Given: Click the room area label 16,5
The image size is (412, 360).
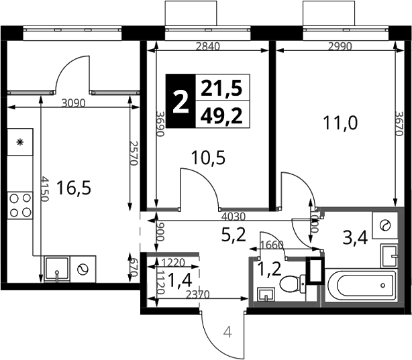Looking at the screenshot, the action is point(74,188).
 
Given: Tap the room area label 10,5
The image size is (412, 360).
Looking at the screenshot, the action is point(208,158).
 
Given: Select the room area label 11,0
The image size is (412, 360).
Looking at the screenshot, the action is point(340,123).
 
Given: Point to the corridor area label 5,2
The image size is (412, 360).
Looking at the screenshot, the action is point(234,235).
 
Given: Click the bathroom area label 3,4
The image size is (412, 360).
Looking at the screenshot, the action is point(355,238).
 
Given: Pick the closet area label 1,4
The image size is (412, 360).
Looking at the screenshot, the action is point(179,280).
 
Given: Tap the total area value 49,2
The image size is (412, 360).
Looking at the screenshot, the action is point(221,116).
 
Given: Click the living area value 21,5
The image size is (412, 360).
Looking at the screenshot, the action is point(221,88).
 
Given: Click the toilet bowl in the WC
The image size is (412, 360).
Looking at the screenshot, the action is point(293,284).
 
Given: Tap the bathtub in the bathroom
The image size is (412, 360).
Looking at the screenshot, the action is point(360,285).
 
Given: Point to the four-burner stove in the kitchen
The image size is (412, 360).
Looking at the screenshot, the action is point(20,205).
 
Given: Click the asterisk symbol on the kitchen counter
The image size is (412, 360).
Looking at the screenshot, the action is point(19,142).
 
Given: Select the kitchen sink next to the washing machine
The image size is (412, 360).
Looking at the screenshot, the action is point(57,269).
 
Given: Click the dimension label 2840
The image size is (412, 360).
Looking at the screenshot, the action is point(208,46).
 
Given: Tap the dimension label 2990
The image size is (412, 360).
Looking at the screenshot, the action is point(340,46).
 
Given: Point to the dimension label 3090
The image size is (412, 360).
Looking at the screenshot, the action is point(74,103).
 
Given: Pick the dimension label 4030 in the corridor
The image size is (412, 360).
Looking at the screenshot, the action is point(234,217).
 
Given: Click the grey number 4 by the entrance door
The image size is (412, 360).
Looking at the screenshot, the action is point(227,333).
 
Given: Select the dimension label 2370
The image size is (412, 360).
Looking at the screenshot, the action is point(197,294).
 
